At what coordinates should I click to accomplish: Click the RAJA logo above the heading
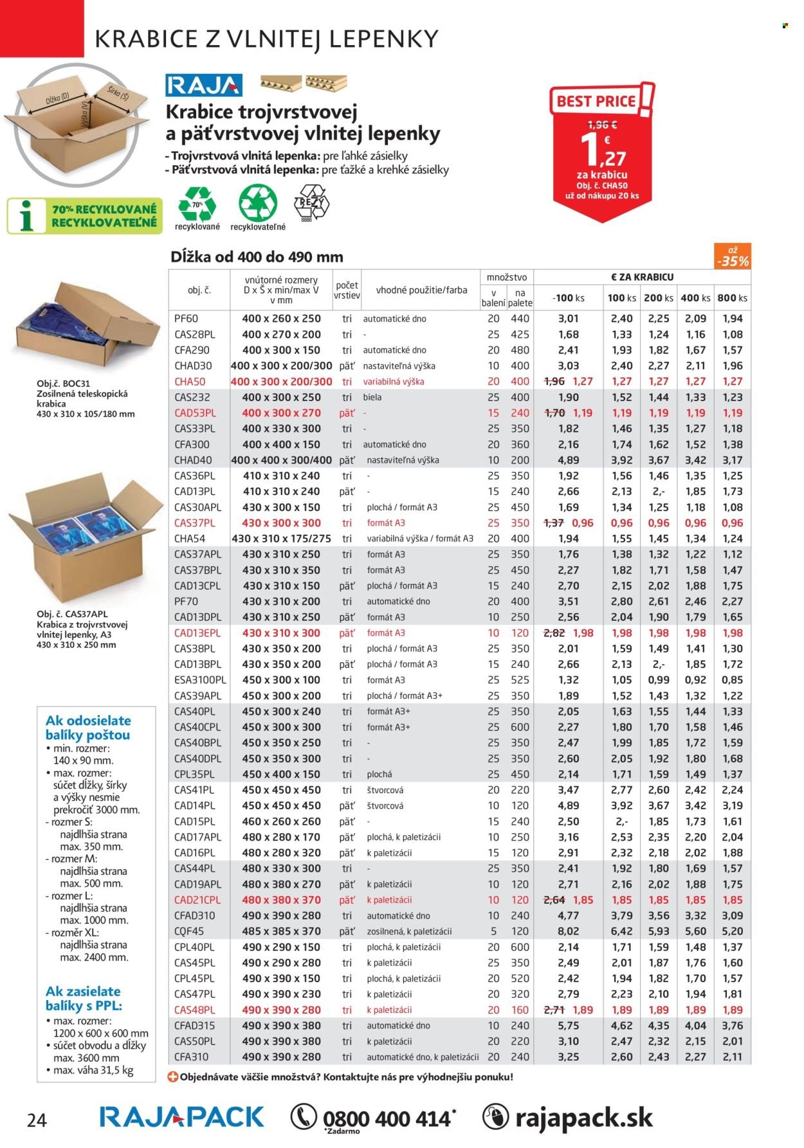click(x=203, y=85)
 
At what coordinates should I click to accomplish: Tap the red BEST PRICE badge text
click(x=596, y=102)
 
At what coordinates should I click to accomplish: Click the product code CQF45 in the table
click(x=189, y=931)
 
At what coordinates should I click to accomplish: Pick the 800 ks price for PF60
click(x=732, y=319)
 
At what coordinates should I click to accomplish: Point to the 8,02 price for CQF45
click(x=569, y=931)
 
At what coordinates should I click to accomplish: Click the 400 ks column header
click(x=695, y=298)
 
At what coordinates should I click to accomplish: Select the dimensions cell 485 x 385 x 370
click(x=282, y=931)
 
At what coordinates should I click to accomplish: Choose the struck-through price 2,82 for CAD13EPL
click(x=554, y=633)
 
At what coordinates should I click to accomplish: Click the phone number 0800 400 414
click(x=387, y=1119)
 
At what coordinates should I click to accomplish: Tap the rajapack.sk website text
click(x=583, y=1118)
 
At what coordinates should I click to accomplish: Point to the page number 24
click(x=37, y=1121)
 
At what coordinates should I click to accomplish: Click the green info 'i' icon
click(x=26, y=216)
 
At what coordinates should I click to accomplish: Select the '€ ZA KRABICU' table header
click(x=642, y=277)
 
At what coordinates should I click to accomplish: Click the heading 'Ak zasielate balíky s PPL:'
click(x=83, y=998)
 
